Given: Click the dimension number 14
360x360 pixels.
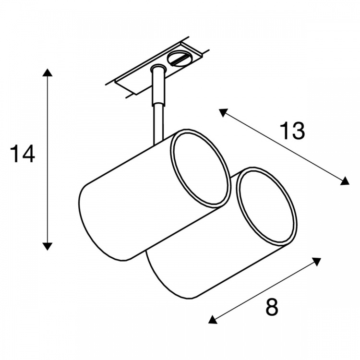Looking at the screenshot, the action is click(x=22, y=154).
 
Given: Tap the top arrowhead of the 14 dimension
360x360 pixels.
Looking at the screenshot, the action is click(x=48, y=72).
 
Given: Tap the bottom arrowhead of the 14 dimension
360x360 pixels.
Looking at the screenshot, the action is click(x=48, y=246).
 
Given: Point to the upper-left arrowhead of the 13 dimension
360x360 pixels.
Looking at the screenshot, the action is click(x=223, y=112).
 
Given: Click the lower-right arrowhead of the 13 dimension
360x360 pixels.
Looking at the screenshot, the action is click(x=345, y=181).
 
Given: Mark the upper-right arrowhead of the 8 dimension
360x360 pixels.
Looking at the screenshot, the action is click(x=316, y=262).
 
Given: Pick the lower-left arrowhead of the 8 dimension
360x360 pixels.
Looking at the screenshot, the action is click(x=213, y=320).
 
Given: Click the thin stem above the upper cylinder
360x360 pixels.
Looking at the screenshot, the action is click(x=158, y=125).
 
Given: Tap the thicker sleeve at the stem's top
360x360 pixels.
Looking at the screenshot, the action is click(x=158, y=86).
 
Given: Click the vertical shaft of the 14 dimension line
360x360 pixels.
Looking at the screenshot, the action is click(x=48, y=159).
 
